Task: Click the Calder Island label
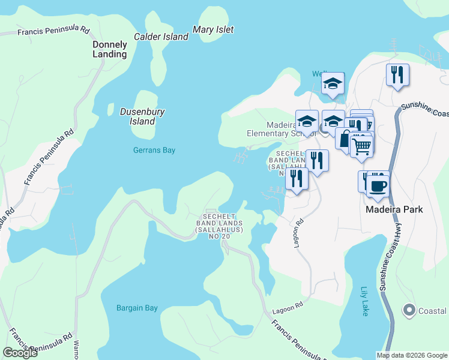[161, 37]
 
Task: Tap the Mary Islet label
[213, 29]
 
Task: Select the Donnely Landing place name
[110, 49]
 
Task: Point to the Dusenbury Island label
[142, 116]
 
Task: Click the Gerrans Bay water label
[154, 150]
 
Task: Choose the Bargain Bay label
[137, 308]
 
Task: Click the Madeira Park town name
[395, 209]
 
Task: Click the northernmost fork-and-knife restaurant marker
[397, 74]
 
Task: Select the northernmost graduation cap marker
[332, 83]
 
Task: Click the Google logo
[20, 353]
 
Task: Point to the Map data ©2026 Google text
[412, 355]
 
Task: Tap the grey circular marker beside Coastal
[409, 310]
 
